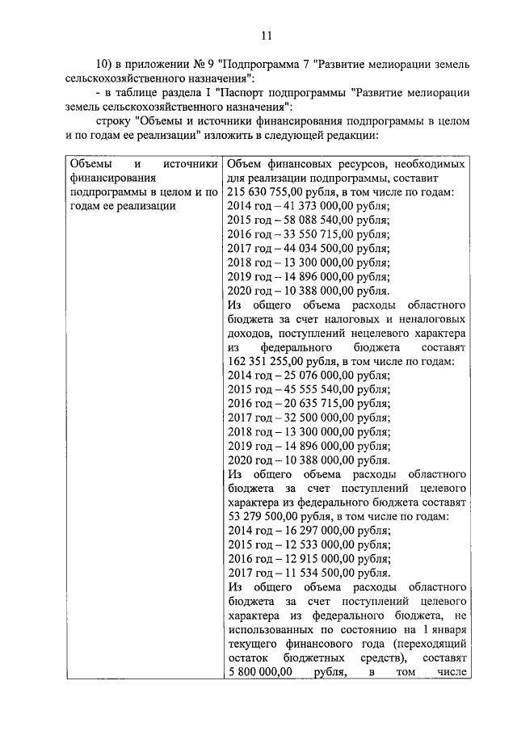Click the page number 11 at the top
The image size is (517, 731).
(x=267, y=36)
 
